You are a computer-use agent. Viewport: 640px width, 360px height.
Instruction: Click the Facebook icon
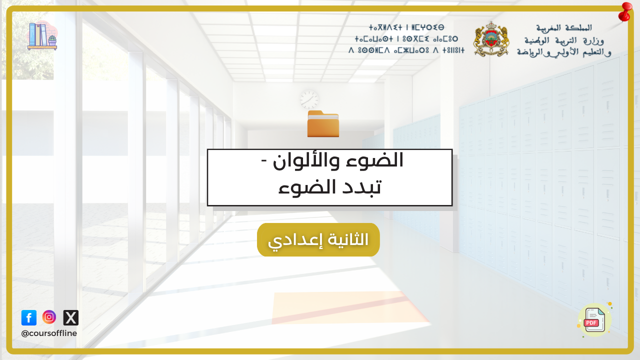click(29, 317)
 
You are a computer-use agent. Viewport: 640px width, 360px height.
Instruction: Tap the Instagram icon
click(49, 317)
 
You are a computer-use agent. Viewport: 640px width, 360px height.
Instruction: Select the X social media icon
click(71, 317)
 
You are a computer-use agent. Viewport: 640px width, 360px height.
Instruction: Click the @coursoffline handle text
click(49, 333)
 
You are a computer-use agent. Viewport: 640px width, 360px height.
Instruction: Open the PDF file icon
click(595, 320)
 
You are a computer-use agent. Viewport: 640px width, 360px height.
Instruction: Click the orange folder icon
click(323, 123)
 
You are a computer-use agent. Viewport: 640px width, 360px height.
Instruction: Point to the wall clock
click(309, 100)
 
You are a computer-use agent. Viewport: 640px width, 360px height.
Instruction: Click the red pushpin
click(625, 12)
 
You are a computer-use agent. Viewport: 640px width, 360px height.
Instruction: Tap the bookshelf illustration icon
click(42, 35)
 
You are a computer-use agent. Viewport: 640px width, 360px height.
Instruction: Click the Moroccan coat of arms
click(491, 39)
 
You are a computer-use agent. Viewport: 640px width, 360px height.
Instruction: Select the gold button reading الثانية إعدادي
click(318, 239)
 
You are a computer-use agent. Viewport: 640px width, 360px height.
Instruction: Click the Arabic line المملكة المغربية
click(563, 28)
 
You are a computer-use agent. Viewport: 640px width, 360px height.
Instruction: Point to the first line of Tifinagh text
click(406, 27)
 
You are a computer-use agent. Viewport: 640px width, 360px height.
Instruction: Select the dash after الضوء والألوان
click(264, 160)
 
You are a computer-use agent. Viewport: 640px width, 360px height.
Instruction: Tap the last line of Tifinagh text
click(406, 50)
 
